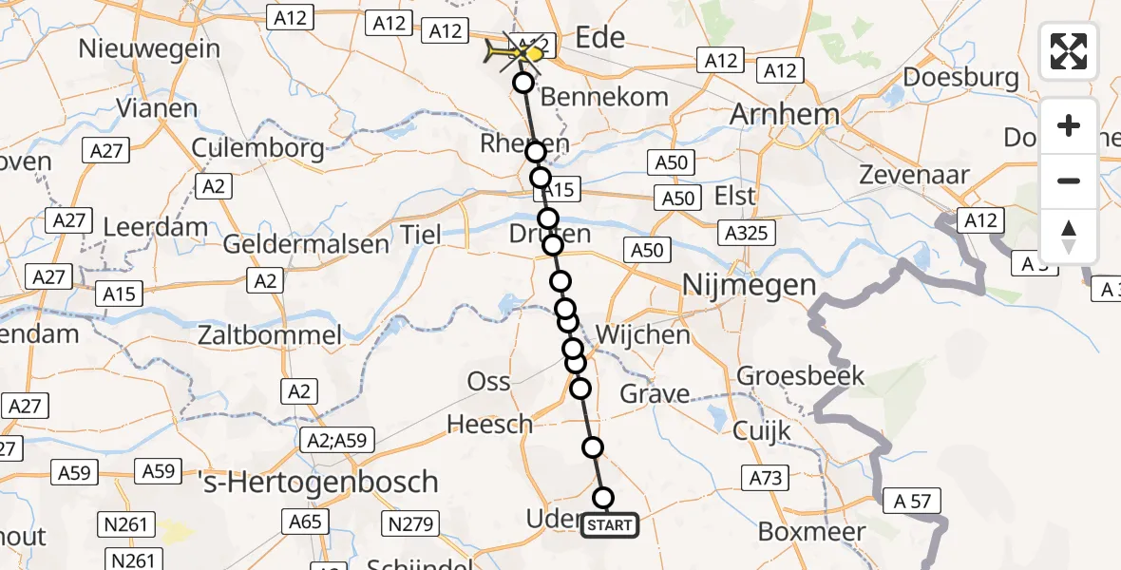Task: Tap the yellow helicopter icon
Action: (514, 55)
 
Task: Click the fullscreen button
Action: (1069, 51)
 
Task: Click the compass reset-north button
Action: (1069, 236)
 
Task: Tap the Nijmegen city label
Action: (750, 284)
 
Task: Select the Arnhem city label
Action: (785, 116)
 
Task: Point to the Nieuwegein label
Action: (150, 48)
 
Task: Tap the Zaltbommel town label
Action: (270, 334)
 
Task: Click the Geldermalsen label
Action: (306, 243)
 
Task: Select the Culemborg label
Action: (257, 148)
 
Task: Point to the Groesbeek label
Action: (801, 375)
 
